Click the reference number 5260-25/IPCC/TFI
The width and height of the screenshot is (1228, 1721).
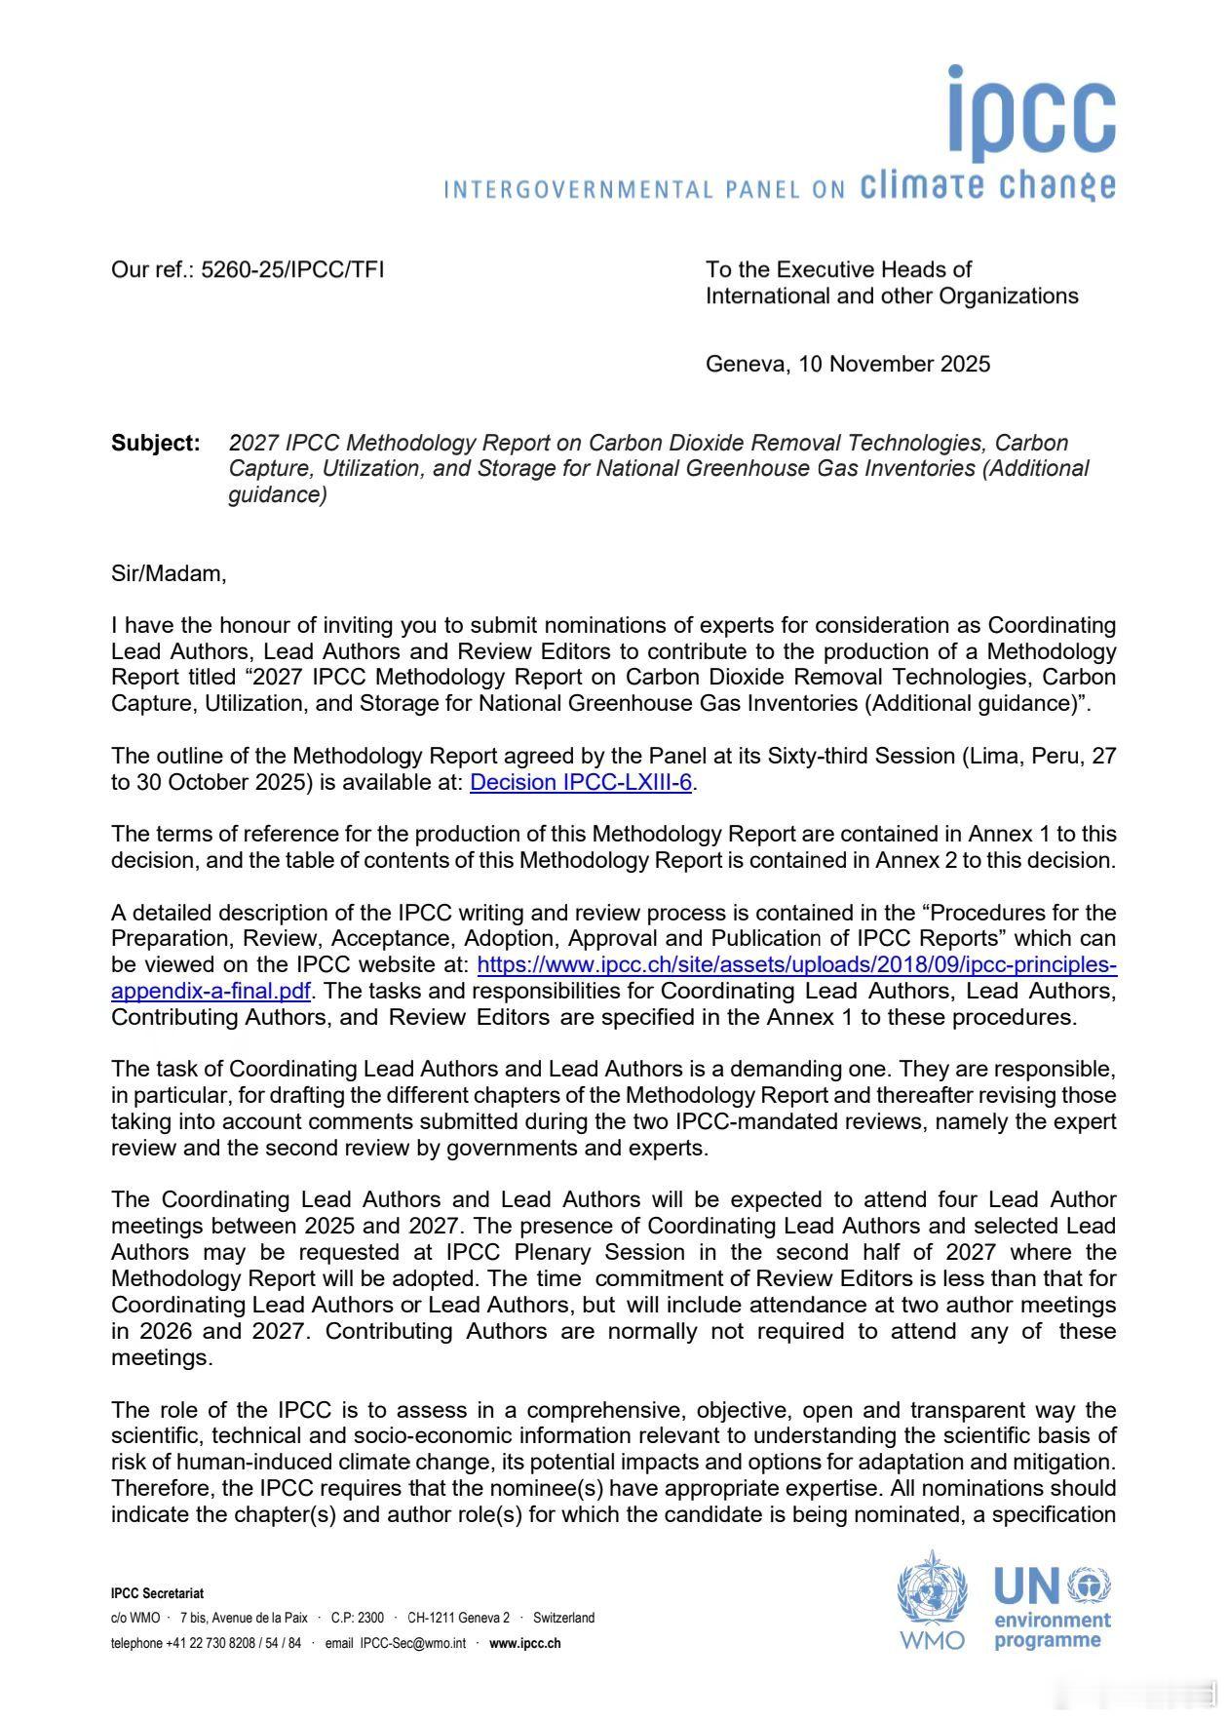point(291,270)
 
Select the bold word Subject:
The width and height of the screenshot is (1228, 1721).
point(156,443)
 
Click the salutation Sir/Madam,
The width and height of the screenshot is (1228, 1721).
point(169,573)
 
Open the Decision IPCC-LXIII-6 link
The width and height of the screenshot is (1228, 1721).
point(581,782)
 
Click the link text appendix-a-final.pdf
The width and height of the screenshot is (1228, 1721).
point(211,991)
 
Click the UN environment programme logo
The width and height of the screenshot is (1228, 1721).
point(1052,1607)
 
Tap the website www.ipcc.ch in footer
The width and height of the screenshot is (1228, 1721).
point(524,1643)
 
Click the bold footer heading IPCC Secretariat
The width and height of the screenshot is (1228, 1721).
point(157,1593)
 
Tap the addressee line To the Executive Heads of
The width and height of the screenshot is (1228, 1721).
point(838,270)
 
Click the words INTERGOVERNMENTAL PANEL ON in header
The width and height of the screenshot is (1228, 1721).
point(643,189)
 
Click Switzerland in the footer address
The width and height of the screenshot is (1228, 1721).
point(563,1618)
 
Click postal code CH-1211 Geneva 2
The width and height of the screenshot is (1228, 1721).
point(458,1618)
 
